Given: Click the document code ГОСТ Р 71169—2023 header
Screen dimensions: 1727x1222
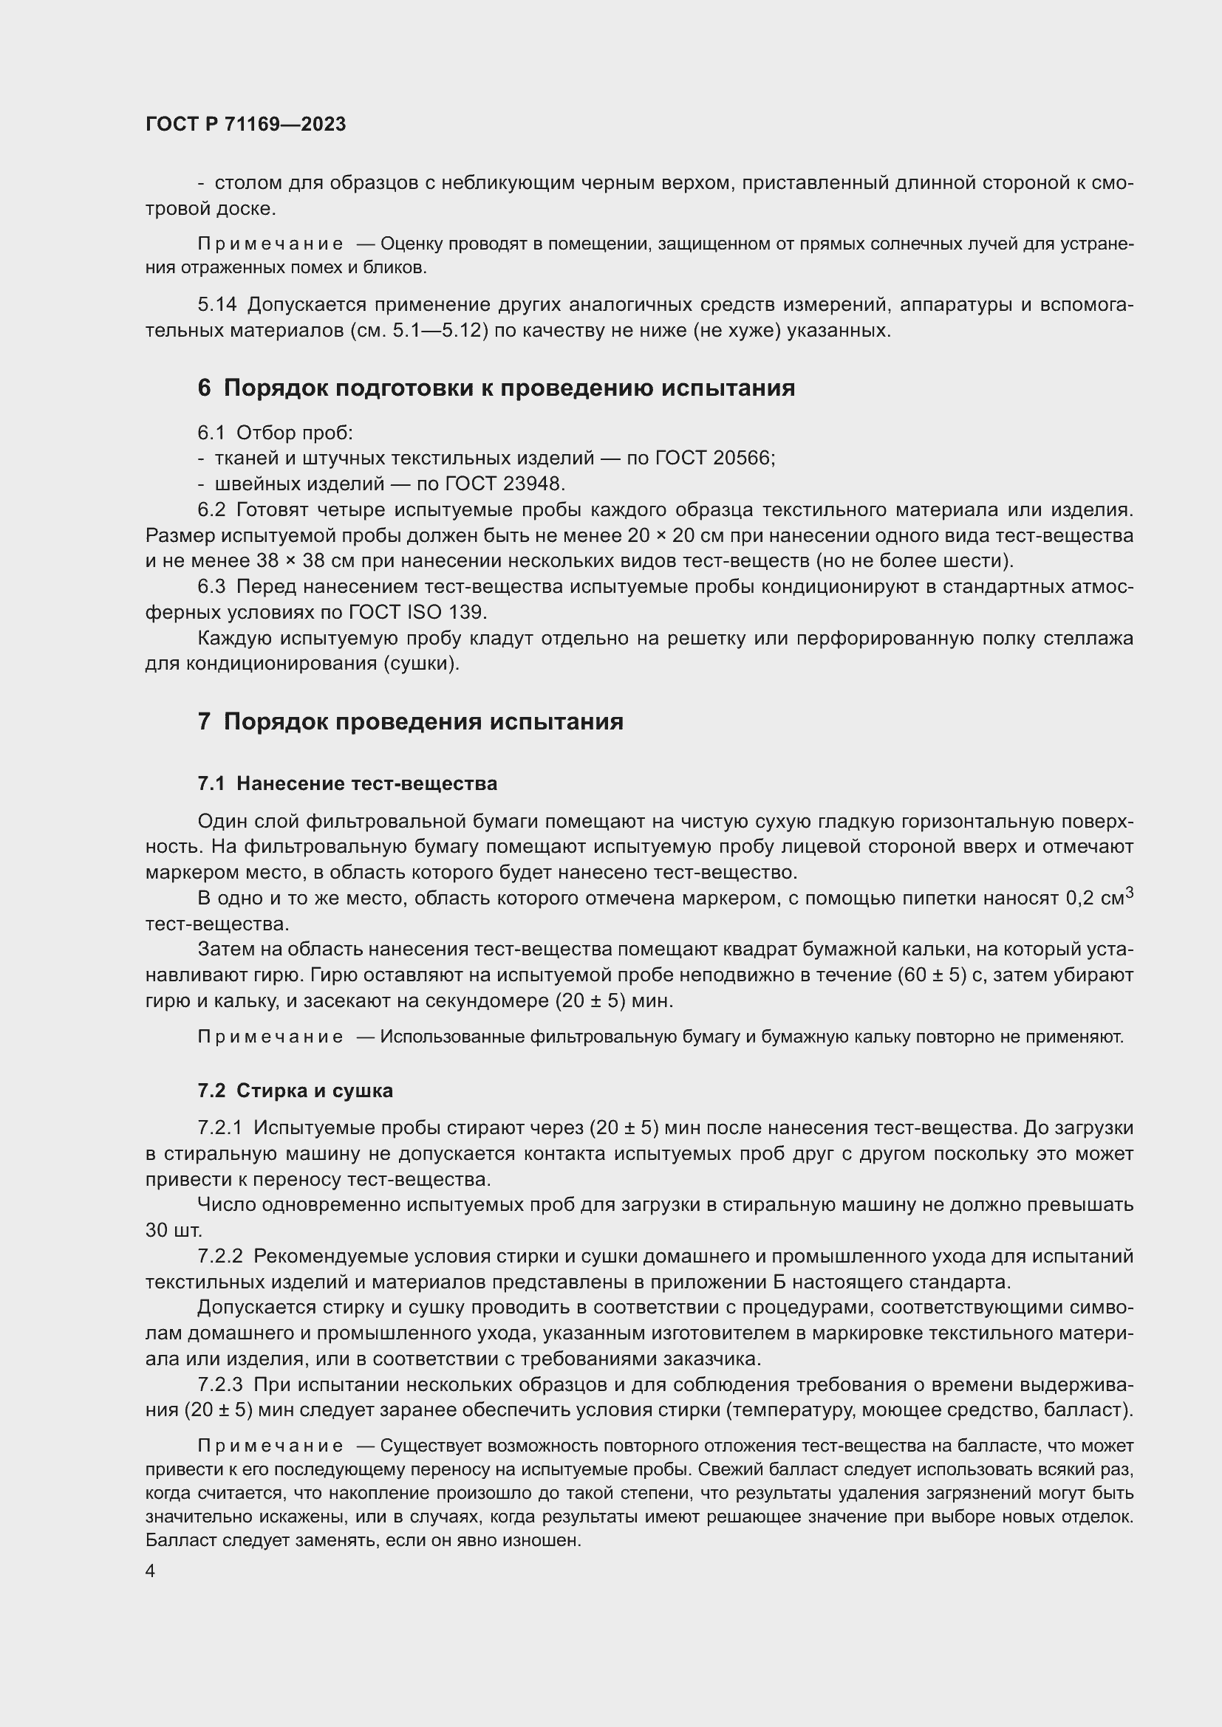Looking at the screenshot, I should click(x=245, y=124).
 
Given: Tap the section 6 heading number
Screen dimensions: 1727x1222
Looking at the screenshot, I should click(x=205, y=388).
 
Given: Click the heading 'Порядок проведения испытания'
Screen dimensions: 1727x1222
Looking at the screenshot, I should click(x=423, y=721).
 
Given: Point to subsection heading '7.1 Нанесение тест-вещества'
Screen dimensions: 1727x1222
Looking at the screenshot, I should click(x=347, y=784).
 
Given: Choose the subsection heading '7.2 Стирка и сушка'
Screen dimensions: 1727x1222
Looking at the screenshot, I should click(x=295, y=1091).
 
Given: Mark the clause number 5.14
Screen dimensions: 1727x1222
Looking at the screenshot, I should click(x=216, y=305).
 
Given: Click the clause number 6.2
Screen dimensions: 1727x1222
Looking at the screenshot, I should click(x=211, y=510).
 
